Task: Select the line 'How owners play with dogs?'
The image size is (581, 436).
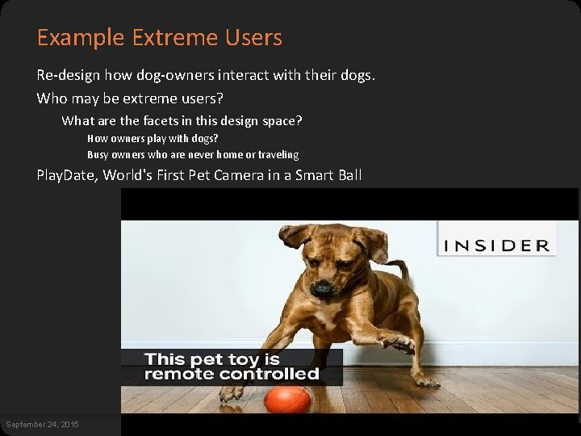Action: click(x=153, y=139)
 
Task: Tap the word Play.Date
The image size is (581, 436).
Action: click(x=65, y=175)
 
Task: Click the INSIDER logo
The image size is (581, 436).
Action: click(x=496, y=245)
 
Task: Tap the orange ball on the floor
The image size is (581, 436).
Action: click(x=288, y=399)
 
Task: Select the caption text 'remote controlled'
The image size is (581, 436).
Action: click(x=232, y=375)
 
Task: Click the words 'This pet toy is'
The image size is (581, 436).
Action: click(x=211, y=359)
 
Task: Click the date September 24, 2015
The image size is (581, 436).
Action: click(x=42, y=425)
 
